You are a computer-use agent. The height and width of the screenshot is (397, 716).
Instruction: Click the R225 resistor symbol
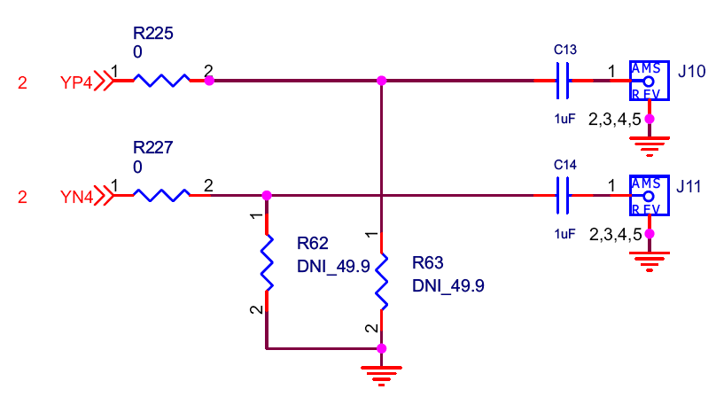click(160, 81)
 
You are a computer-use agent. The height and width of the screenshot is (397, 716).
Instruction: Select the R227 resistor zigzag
click(160, 195)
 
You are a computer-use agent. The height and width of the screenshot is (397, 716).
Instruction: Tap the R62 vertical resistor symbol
click(266, 261)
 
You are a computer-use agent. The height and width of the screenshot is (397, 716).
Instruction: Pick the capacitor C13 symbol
click(563, 81)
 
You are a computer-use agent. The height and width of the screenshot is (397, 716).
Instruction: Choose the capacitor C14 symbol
click(563, 195)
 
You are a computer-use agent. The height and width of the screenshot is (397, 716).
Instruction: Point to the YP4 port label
click(75, 82)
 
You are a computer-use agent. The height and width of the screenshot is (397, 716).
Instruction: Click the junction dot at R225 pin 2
click(209, 81)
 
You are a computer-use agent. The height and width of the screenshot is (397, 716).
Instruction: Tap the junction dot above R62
click(266, 195)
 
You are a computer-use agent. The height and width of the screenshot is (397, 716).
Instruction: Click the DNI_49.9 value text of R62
click(333, 264)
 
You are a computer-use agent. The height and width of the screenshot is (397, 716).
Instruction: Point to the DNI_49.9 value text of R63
click(448, 286)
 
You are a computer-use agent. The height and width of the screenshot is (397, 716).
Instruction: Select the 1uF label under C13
click(564, 119)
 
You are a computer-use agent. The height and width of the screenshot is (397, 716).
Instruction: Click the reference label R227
click(152, 148)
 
